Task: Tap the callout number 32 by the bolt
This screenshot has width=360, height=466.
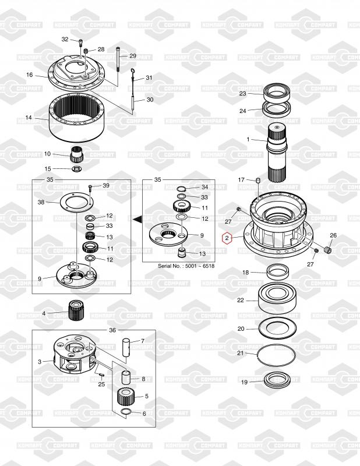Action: pyautogui.click(x=65, y=39)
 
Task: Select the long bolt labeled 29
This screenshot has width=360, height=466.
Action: pyautogui.click(x=118, y=59)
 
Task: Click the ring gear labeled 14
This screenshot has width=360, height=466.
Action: pyautogui.click(x=77, y=117)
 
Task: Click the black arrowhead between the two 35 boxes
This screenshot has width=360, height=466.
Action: pyautogui.click(x=137, y=220)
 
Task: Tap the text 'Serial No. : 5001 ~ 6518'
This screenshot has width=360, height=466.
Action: pyautogui.click(x=186, y=266)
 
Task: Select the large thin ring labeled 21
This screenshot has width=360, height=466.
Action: pyautogui.click(x=276, y=355)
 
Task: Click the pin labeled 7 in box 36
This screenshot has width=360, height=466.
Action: pyautogui.click(x=126, y=347)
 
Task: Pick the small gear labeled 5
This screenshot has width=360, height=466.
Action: pyautogui.click(x=126, y=397)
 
